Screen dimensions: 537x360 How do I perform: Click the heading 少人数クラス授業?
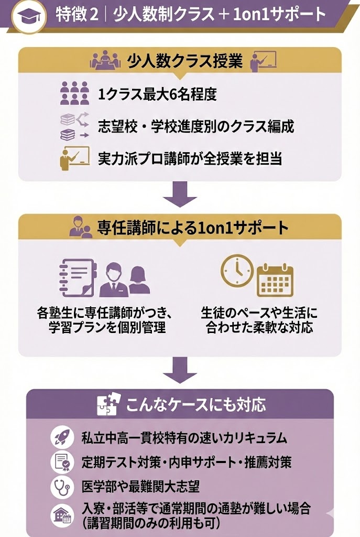(x=185, y=61)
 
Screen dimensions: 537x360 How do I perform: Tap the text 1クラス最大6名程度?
(x=157, y=94)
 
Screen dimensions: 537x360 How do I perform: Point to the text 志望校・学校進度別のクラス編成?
(x=195, y=126)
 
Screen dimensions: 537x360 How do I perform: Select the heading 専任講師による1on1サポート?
(x=193, y=229)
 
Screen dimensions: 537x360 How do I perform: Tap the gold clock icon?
(x=236, y=271)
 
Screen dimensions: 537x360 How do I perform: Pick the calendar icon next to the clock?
(x=275, y=280)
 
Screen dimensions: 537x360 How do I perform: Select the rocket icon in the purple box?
(x=62, y=437)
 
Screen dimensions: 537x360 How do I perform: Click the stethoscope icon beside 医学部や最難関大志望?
(x=62, y=487)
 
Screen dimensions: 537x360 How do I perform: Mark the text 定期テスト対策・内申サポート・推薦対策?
(x=187, y=463)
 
